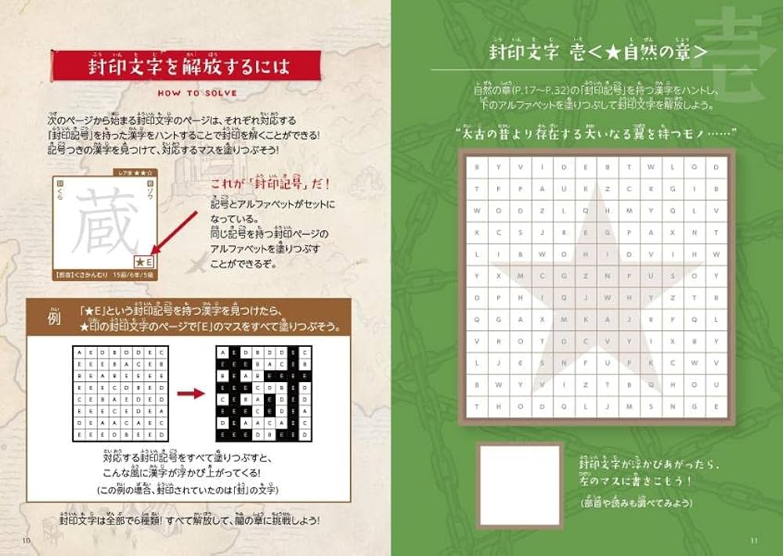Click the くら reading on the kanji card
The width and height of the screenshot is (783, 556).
click(60, 191)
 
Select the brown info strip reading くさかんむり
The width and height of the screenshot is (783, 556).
click(106, 276)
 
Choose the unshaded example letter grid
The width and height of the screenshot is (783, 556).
click(119, 392)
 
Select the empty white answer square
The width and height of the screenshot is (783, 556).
click(519, 486)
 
